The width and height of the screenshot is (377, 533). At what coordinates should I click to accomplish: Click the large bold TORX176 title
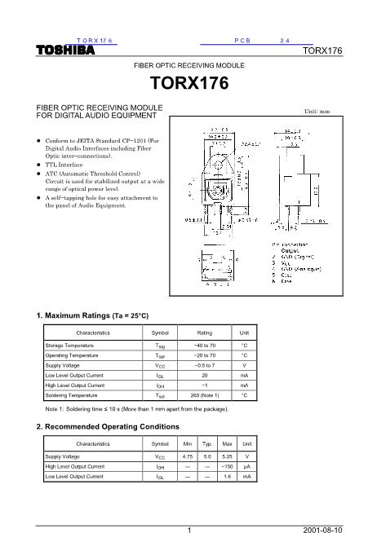tap(188, 83)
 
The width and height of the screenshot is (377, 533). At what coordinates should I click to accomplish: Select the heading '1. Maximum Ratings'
tap(93, 315)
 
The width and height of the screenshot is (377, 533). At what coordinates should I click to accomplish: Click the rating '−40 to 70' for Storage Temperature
tap(205, 346)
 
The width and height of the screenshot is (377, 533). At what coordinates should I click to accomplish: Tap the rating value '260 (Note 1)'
tap(205, 395)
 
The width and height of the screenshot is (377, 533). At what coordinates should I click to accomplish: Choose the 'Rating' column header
tap(205, 333)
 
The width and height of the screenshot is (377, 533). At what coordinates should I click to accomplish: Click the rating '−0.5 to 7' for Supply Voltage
tap(205, 366)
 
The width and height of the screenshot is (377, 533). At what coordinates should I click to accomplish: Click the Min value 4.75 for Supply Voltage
tap(188, 456)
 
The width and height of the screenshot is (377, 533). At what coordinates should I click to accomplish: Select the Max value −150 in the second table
tap(228, 466)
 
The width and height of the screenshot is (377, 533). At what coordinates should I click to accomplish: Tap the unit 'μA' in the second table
tap(246, 466)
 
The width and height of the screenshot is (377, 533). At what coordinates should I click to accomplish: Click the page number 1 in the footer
tap(188, 527)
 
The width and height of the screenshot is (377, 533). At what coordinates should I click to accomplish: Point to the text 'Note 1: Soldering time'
tap(82, 408)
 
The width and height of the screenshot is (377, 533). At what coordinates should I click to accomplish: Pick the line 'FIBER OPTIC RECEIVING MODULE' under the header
tap(188, 64)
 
